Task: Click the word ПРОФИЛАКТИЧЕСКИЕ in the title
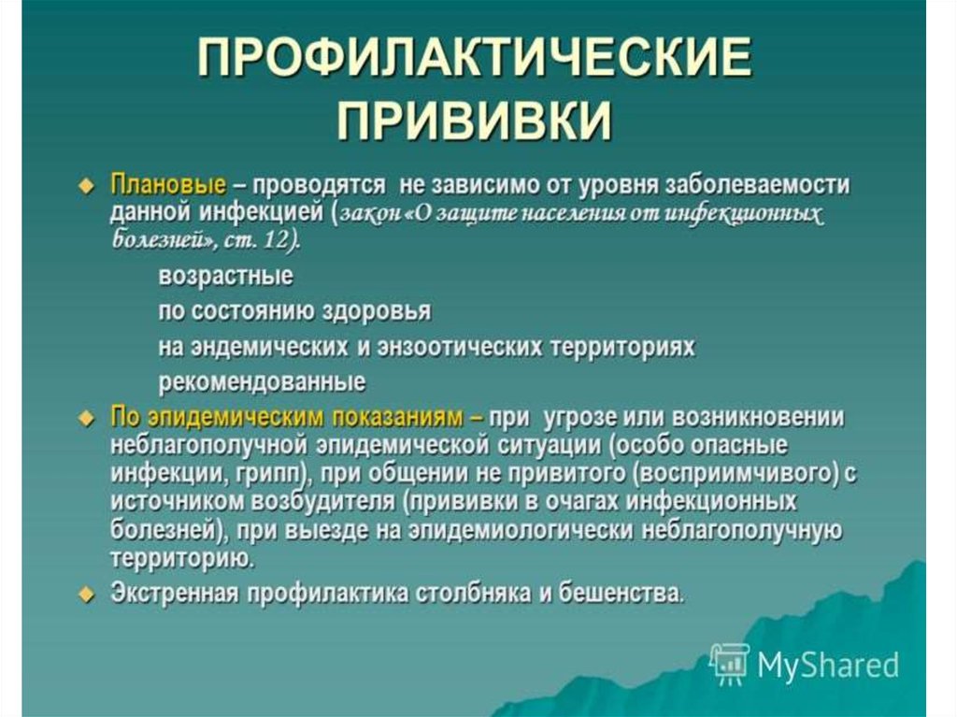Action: click(x=475, y=58)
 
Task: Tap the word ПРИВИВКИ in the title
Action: click(x=474, y=120)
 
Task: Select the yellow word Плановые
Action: click(x=168, y=184)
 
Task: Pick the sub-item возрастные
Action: click(x=226, y=277)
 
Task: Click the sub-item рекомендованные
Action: click(x=262, y=382)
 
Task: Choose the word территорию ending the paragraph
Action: click(x=180, y=558)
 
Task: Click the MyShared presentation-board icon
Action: click(x=730, y=664)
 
